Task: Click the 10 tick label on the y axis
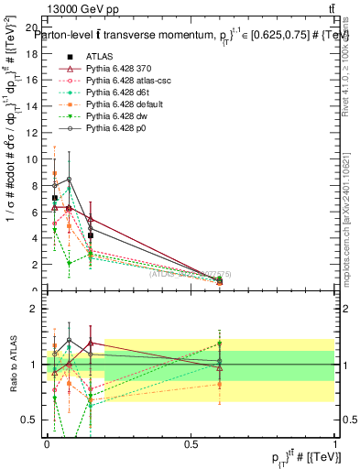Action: pos(34,159)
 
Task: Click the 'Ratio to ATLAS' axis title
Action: pos(12,364)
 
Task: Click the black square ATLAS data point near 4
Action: pos(91,235)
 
